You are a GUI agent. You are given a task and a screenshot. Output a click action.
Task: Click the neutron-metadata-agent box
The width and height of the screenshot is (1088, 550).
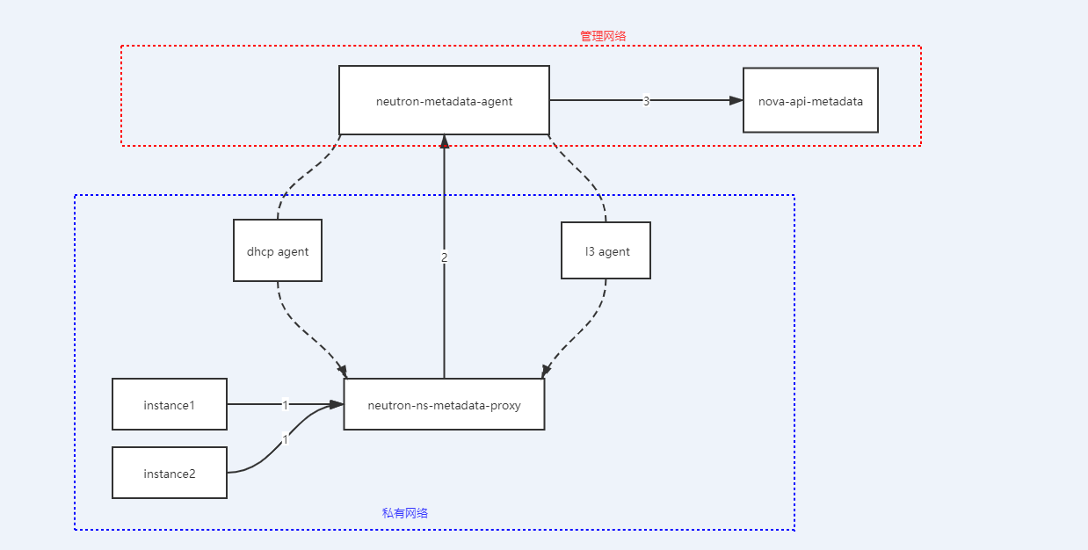point(444,100)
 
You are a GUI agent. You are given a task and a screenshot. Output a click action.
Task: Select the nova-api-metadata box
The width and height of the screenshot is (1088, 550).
point(810,100)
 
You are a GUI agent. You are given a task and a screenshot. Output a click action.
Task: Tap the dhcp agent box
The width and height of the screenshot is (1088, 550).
point(278,251)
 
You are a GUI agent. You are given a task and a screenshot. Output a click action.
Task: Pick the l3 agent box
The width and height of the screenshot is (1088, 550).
point(606,251)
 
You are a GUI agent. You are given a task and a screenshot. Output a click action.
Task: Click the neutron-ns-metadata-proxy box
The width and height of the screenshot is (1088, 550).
point(444,405)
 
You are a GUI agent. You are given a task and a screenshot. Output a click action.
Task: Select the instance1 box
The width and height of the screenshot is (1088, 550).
point(170,405)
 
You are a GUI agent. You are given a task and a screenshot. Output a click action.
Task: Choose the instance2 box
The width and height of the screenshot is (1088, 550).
point(170,474)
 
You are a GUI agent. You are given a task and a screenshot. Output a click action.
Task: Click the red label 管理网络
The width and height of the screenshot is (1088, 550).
point(603,36)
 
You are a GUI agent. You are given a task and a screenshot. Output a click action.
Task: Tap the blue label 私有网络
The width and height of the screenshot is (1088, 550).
point(405,513)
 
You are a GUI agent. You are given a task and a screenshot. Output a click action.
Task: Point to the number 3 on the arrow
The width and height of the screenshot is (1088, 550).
point(646,101)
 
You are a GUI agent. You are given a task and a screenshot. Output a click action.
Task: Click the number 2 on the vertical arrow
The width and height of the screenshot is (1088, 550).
point(445,257)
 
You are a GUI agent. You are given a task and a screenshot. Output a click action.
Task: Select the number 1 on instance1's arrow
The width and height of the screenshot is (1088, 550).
point(286,405)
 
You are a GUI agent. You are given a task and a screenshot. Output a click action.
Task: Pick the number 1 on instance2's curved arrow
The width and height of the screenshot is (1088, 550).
point(285,440)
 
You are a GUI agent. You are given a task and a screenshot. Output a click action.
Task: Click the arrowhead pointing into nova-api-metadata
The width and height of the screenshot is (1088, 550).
point(736,100)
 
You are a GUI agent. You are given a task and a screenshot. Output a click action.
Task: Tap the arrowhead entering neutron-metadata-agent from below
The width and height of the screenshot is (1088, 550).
point(445,141)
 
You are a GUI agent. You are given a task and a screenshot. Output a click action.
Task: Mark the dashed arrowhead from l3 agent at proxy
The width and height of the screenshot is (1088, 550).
point(547,371)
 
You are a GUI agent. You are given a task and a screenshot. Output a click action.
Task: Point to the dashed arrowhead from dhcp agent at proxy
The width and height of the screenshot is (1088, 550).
point(342,372)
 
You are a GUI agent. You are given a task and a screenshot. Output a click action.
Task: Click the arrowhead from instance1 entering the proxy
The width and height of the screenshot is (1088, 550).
point(337,404)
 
